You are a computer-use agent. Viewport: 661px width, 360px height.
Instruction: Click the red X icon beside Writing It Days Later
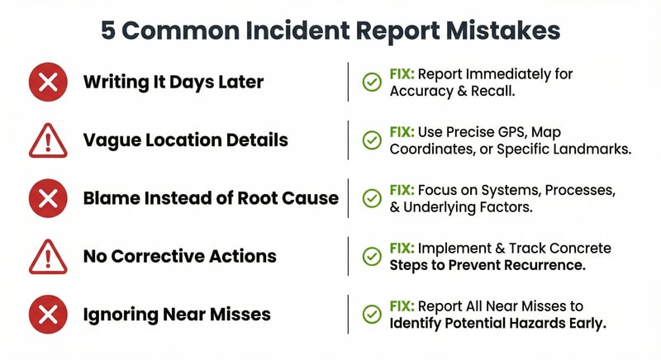[47, 82]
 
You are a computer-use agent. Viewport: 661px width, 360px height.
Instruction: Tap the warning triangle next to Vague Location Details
[47, 141]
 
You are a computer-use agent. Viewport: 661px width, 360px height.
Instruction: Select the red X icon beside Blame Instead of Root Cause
[47, 198]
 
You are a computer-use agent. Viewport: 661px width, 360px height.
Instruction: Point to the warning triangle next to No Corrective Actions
[47, 258]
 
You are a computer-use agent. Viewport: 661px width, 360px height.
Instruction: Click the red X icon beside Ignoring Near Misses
[47, 315]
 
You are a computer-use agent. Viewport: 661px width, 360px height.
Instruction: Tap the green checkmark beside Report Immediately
[372, 82]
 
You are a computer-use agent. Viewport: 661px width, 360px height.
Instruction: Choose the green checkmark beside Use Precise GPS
[372, 140]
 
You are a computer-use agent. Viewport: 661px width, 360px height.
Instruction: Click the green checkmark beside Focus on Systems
[372, 198]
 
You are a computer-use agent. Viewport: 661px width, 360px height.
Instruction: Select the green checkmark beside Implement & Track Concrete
[372, 257]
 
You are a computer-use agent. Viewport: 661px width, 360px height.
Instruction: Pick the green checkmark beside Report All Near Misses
[372, 315]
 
